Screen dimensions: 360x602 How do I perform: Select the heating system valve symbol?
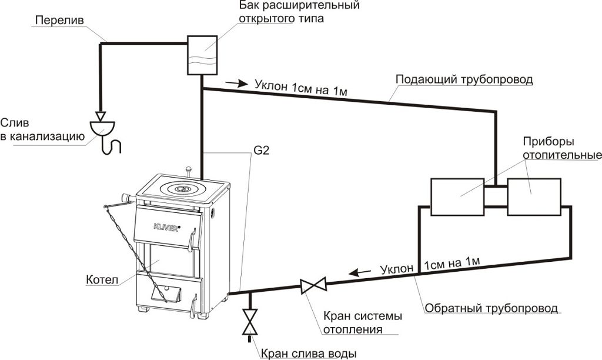(312, 286)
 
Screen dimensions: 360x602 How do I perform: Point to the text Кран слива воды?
(308, 353)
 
